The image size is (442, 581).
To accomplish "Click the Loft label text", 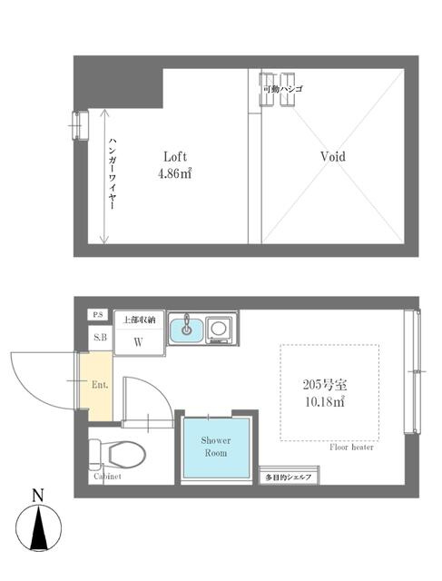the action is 175,157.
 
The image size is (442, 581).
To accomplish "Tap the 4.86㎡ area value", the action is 175,173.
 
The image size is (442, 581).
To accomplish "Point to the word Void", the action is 333,156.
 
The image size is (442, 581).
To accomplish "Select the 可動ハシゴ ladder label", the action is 282,89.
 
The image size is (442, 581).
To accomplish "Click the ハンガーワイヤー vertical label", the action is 113,173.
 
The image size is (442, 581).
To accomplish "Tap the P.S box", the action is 98,315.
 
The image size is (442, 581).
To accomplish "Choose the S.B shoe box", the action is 101,338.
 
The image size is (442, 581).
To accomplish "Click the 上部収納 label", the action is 139,320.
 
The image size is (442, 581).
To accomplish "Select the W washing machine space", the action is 139,341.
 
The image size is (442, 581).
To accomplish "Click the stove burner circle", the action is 218,329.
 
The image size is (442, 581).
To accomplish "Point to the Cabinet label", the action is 107,476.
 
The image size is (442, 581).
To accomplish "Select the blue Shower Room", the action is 216,448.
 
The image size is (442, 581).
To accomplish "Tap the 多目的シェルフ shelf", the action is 289,478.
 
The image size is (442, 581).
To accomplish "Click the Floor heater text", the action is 351,448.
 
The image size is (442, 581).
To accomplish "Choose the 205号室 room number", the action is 325,385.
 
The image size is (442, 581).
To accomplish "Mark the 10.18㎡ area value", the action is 325,401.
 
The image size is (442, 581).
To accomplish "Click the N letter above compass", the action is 38,496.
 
